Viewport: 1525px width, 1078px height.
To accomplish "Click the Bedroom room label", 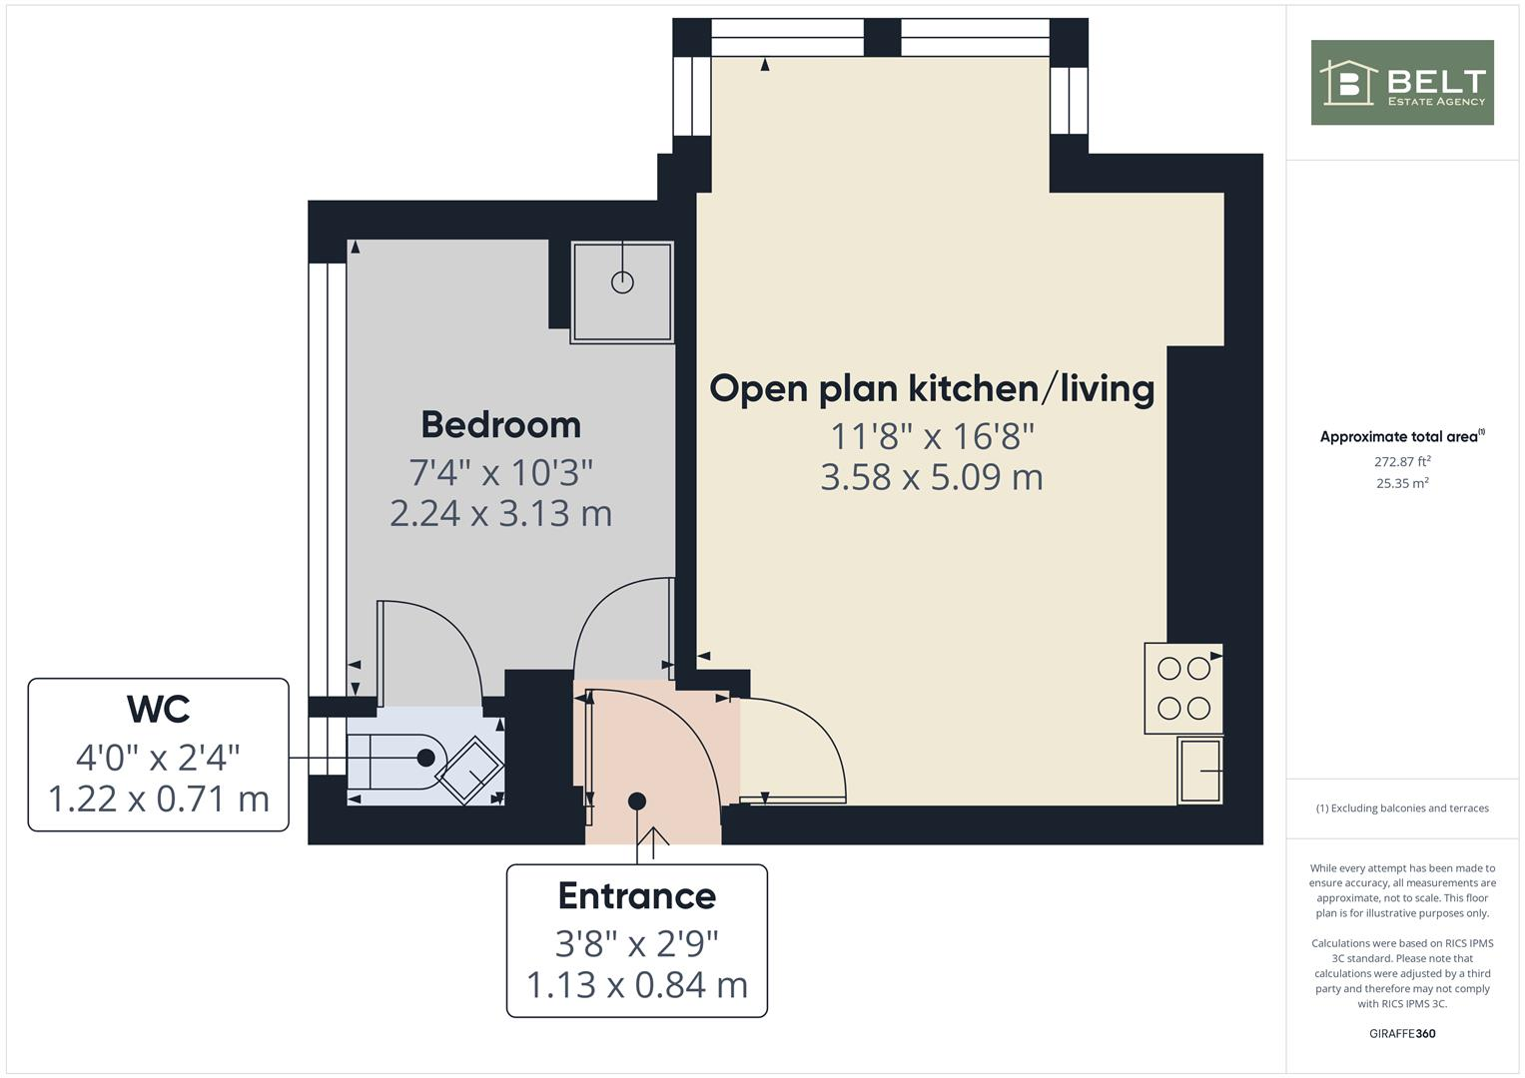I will tap(500, 424).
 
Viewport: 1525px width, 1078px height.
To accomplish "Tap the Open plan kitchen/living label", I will tap(931, 387).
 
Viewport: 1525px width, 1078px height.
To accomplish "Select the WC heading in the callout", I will tap(158, 709).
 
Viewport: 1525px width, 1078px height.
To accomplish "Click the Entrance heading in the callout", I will tap(636, 895).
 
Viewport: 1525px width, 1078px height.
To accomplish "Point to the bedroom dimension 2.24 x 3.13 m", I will tap(500, 513).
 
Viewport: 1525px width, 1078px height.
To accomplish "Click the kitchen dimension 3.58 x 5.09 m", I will tap(931, 477).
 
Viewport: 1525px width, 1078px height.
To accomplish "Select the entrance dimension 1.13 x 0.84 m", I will tap(636, 985).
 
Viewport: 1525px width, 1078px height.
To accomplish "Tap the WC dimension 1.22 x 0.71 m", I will tap(158, 799).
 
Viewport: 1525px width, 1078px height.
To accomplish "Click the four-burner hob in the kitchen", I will tap(1183, 689).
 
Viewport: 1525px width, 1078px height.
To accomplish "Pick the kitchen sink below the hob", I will tap(1199, 771).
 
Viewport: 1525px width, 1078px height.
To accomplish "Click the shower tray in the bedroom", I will tap(622, 291).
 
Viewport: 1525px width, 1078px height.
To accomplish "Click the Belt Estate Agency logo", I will tap(1402, 83).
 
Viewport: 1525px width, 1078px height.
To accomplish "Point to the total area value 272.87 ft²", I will tap(1402, 461).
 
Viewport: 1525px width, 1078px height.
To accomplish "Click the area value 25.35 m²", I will tap(1402, 483).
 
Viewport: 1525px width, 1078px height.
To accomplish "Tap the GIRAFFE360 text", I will tap(1402, 1033).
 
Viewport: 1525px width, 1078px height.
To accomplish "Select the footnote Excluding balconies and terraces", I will tap(1402, 808).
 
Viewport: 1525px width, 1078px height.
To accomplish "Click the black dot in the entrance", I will tap(637, 801).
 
